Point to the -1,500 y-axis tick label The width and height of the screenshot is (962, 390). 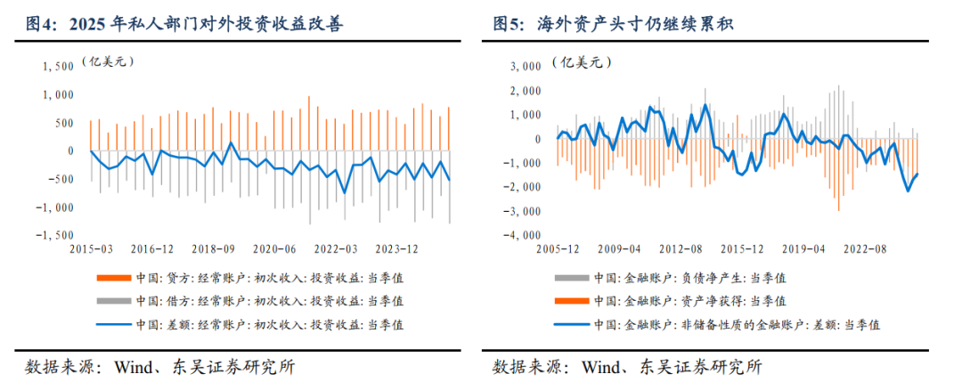pos(54,235)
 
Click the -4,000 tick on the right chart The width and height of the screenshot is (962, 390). pos(523,235)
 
